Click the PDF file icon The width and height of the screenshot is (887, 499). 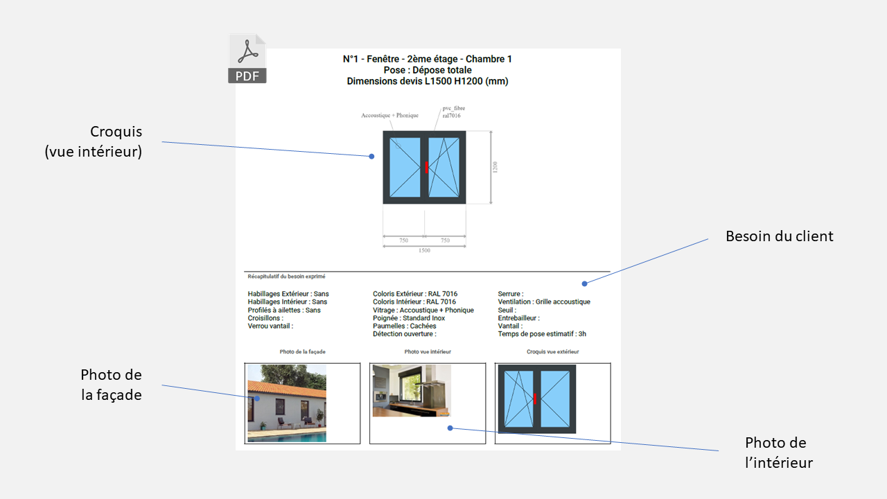[x=247, y=59]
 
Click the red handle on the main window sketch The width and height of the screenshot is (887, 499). [x=426, y=167]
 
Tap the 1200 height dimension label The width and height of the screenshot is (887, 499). [x=495, y=167]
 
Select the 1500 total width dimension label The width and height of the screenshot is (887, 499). [x=424, y=250]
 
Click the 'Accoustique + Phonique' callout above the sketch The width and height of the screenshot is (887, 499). [x=389, y=115]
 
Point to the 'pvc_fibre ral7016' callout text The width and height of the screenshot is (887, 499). [x=453, y=112]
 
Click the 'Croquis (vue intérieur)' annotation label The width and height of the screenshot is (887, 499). [x=94, y=141]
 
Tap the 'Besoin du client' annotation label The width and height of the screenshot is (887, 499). [x=780, y=236]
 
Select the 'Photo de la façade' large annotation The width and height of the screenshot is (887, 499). [x=112, y=385]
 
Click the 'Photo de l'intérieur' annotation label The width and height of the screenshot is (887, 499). [x=778, y=453]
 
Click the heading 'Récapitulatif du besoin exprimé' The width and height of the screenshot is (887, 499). [x=286, y=277]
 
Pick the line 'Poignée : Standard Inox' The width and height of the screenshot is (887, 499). [x=409, y=318]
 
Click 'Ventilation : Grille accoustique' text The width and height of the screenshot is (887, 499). [x=544, y=301]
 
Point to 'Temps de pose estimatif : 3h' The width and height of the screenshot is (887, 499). [x=542, y=334]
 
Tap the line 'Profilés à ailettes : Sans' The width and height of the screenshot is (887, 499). [x=284, y=310]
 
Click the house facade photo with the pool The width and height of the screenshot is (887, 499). [x=287, y=403]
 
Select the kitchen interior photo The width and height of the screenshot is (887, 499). [x=412, y=390]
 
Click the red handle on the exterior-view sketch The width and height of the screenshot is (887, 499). [x=535, y=399]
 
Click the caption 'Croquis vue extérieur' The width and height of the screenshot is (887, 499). [x=552, y=351]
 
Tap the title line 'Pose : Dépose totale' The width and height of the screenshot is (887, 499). [x=428, y=70]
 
